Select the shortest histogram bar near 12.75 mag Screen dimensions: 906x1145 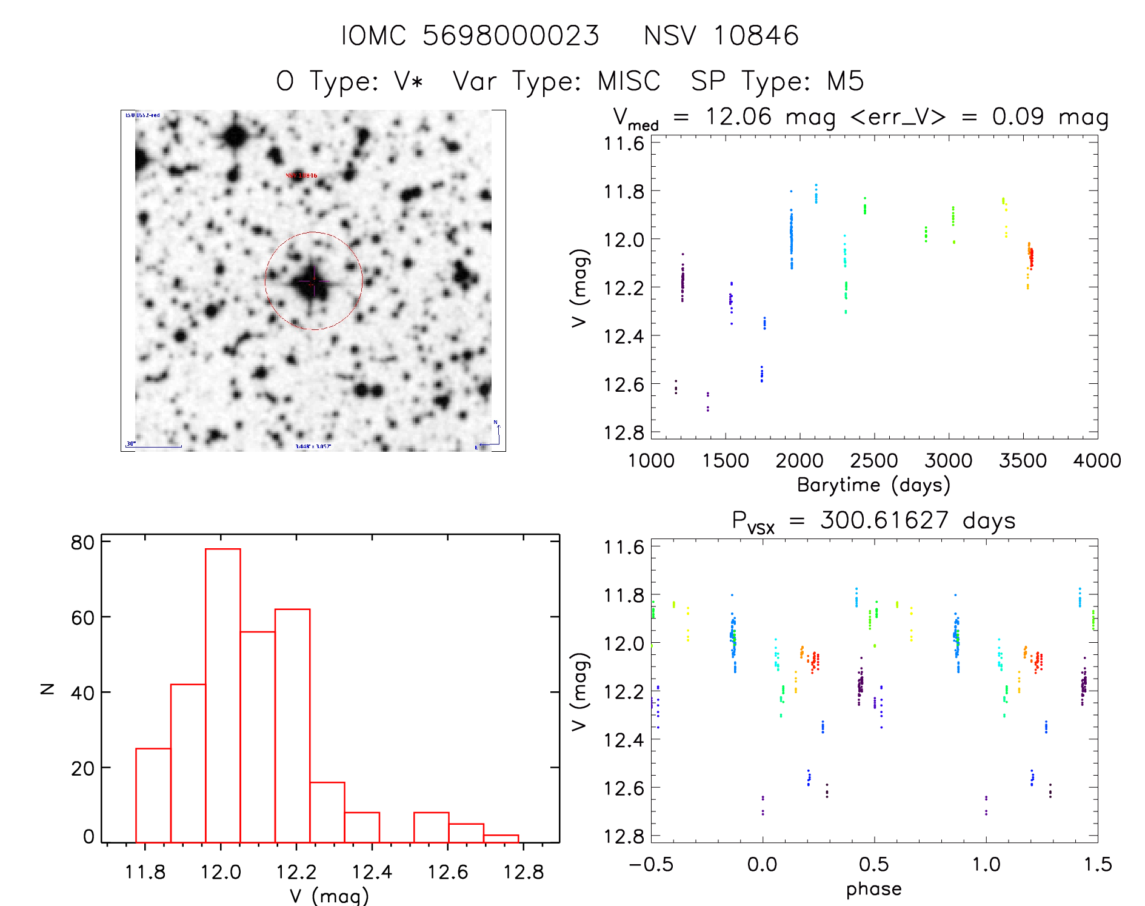pyautogui.click(x=501, y=839)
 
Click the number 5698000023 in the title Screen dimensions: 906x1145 pyautogui.click(x=510, y=36)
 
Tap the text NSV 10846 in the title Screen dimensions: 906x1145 pyautogui.click(x=721, y=36)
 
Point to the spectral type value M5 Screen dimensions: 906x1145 pyautogui.click(x=845, y=81)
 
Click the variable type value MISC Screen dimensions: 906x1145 pyautogui.click(x=629, y=81)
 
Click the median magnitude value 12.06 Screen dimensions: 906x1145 pyautogui.click(x=738, y=116)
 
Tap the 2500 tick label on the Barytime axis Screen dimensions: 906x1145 pyautogui.click(x=873, y=461)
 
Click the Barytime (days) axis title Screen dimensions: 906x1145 pyautogui.click(x=873, y=485)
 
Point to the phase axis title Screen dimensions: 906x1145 pyautogui.click(x=873, y=889)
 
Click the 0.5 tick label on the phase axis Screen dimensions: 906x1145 pyautogui.click(x=873, y=865)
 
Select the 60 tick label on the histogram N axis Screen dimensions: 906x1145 pyautogui.click(x=82, y=617)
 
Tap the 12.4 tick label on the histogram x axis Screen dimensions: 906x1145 pyautogui.click(x=372, y=873)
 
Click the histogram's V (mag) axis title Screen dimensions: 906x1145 pyautogui.click(x=329, y=896)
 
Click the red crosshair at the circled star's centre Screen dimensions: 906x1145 pyautogui.click(x=313, y=281)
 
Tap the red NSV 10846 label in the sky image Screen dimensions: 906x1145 pyautogui.click(x=301, y=176)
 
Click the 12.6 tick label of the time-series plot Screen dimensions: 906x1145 pyautogui.click(x=623, y=384)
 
